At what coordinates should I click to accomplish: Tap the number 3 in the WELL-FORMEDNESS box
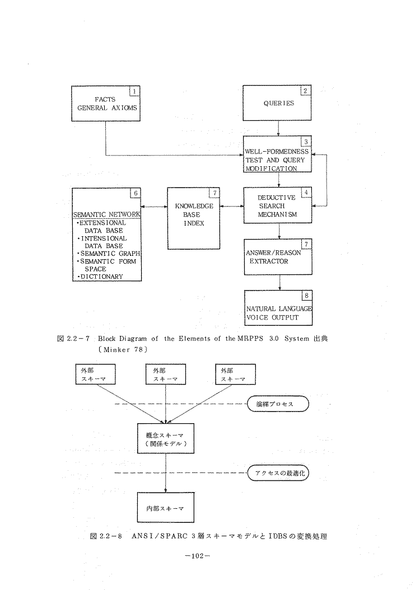[x=305, y=142]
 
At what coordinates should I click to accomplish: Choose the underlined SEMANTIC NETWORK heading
[x=106, y=215]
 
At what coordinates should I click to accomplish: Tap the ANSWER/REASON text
[x=273, y=252]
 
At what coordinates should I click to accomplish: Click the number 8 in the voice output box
[x=305, y=295]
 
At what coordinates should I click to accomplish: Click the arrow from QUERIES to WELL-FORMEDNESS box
[x=278, y=128]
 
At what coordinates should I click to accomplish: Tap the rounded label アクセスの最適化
[x=278, y=474]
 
